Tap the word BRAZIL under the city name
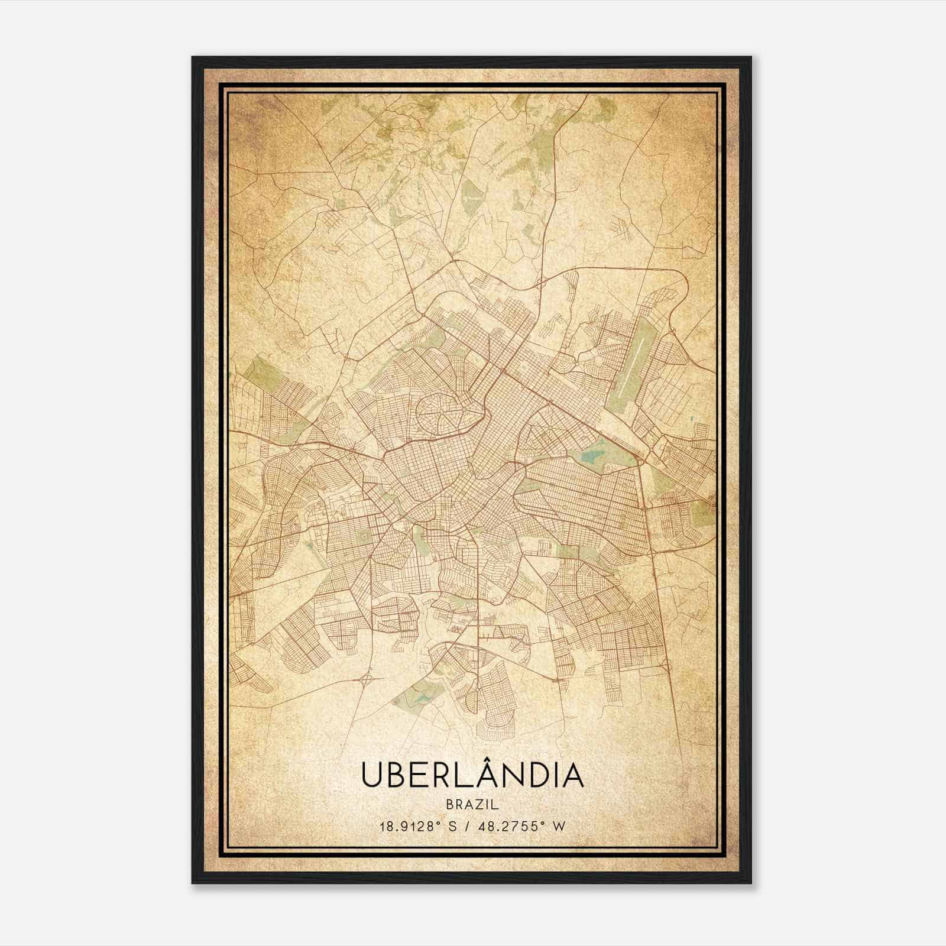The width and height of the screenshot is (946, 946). tap(472, 805)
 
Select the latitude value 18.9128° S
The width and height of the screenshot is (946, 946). tap(417, 827)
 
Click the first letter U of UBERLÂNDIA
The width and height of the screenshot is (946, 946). tap(371, 776)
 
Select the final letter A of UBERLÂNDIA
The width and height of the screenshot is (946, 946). tap(572, 776)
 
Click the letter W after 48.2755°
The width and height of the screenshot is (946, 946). tap(558, 827)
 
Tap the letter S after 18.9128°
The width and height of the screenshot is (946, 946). tap(452, 827)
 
